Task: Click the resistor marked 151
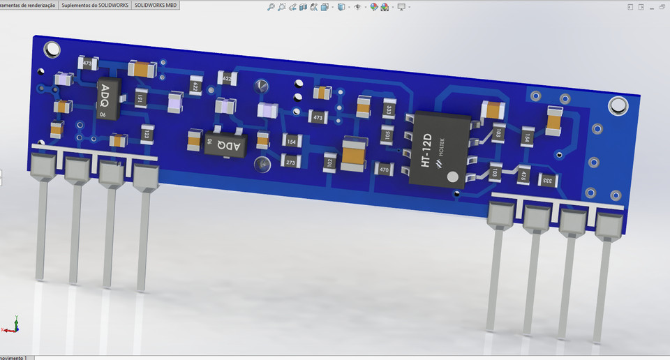[x=141, y=100]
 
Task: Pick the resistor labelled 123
[x=147, y=133]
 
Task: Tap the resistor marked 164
[x=290, y=141]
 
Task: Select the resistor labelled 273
[x=290, y=162]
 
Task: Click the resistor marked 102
[x=330, y=163]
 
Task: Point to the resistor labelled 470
[x=384, y=169]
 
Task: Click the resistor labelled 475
[x=521, y=177]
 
